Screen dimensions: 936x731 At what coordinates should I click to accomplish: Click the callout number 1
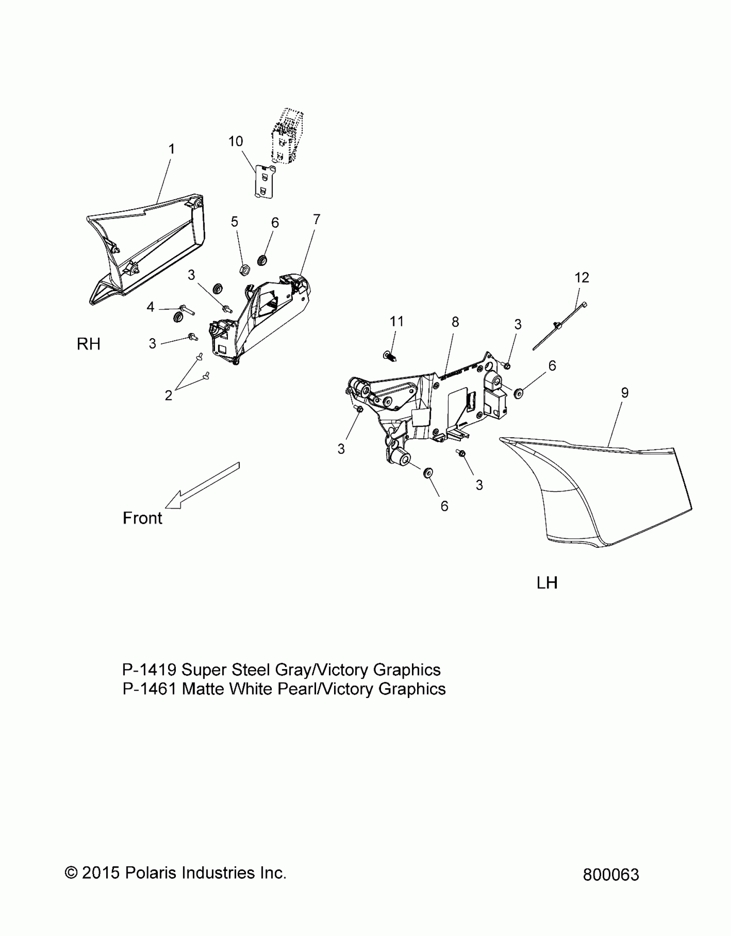click(x=172, y=149)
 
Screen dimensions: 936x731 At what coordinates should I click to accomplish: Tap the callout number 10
click(x=236, y=141)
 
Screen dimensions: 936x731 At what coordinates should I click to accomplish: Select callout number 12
click(x=582, y=278)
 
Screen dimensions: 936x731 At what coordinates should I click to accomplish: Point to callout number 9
click(x=625, y=392)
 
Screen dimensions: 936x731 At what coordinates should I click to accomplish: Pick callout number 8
click(x=455, y=322)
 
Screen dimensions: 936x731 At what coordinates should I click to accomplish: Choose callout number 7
click(x=316, y=219)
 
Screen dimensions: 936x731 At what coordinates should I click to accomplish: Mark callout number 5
click(x=234, y=222)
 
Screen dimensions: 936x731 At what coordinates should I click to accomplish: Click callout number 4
click(x=150, y=307)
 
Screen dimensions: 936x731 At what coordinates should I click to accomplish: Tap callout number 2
click(x=169, y=395)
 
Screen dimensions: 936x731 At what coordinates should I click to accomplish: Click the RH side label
click(x=89, y=344)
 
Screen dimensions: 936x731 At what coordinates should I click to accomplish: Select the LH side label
click(x=547, y=583)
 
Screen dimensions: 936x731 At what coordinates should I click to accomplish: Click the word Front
click(x=142, y=518)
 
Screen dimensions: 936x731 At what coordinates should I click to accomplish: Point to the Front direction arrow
click(x=202, y=486)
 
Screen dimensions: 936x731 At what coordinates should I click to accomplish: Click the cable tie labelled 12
click(x=559, y=327)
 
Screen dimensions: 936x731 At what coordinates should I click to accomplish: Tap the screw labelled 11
click(x=390, y=356)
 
